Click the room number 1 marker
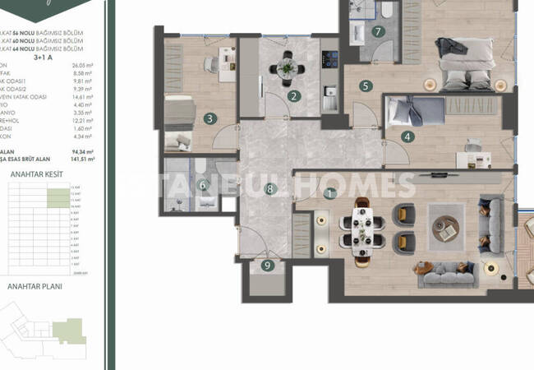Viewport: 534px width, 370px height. tap(330, 194)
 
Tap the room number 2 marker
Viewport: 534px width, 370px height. tap(293, 96)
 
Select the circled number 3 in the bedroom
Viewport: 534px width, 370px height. tap(210, 118)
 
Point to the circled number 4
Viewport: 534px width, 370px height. tap(407, 137)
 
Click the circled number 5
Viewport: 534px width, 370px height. tap(365, 85)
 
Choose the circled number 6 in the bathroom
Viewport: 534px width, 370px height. tap(202, 185)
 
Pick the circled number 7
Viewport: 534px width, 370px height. tap(378, 32)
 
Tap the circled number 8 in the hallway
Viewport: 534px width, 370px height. tap(269, 190)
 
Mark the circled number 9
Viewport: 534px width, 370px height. tap(267, 265)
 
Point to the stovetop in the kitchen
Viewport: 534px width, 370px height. tap(329, 60)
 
